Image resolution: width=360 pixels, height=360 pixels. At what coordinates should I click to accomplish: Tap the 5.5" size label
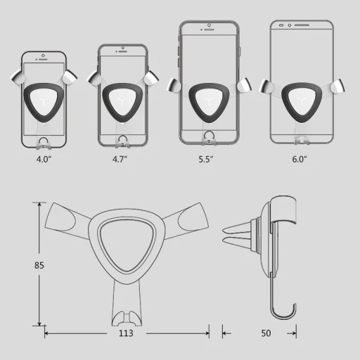tap(206, 159)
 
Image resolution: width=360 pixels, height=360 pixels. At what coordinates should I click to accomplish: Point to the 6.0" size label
tap(300, 159)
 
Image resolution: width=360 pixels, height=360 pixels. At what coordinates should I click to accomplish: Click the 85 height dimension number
tap(19, 266)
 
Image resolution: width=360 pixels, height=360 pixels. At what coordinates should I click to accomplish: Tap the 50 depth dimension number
tap(266, 334)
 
